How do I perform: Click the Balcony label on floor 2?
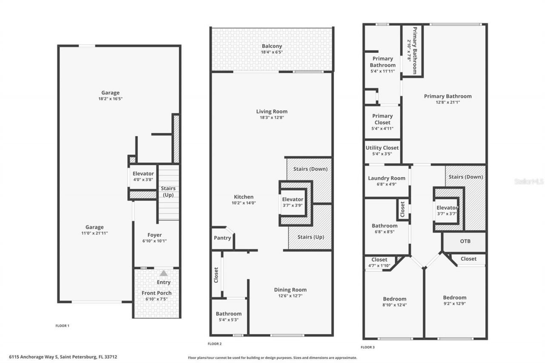click(x=272, y=46)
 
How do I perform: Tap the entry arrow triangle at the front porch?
click(x=163, y=274)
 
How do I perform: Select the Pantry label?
click(x=222, y=238)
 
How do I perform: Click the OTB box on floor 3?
click(x=465, y=241)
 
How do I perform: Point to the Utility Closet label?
click(x=382, y=148)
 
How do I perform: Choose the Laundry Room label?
click(x=387, y=178)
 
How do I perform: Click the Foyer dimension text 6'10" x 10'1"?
click(x=155, y=241)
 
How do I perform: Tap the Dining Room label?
click(x=290, y=290)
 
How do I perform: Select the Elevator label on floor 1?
click(x=143, y=174)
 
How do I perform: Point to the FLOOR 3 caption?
click(x=367, y=347)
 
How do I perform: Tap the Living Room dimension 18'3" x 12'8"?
click(x=272, y=117)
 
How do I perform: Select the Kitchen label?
click(x=244, y=197)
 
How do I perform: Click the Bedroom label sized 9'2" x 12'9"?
click(x=454, y=298)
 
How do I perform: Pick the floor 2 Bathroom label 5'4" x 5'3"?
click(x=229, y=314)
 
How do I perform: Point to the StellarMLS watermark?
click(x=529, y=181)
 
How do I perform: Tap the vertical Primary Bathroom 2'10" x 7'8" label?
click(x=412, y=50)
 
